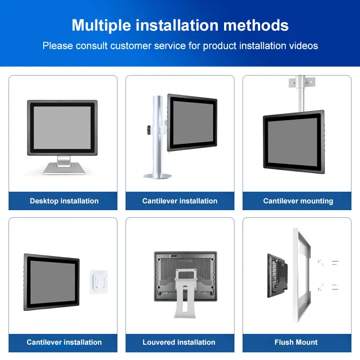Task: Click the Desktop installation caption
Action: pos(64,201)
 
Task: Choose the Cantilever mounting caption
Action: pos(298,201)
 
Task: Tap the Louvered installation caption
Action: pos(179,342)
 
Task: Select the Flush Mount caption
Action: pos(296,342)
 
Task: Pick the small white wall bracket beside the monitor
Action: pos(98,282)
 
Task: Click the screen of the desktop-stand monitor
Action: pos(63,127)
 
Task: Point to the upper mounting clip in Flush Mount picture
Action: pos(322,262)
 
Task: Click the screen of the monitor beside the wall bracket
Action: pos(51,282)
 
